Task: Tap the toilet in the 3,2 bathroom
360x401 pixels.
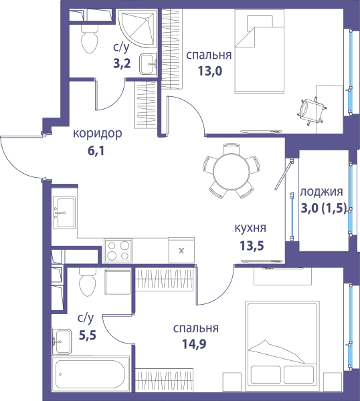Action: (90, 38)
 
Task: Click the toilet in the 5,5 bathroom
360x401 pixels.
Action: (87, 282)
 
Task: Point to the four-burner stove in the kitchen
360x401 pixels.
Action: (118, 251)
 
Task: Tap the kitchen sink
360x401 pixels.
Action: (64, 213)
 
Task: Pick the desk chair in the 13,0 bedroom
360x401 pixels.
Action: (312, 111)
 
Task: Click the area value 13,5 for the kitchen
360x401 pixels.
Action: (252, 246)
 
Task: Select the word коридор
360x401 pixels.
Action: (98, 134)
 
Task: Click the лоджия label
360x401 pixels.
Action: (321, 192)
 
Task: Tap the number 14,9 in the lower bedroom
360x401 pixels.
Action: (194, 344)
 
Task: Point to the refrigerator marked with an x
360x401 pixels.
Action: (181, 251)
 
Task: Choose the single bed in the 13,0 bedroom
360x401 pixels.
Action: (260, 51)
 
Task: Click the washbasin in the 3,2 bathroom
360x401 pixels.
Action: (148, 64)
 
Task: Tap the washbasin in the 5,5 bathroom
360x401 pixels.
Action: (62, 342)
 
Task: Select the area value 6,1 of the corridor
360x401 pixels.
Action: (96, 151)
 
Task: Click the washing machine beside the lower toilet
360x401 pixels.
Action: (118, 281)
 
